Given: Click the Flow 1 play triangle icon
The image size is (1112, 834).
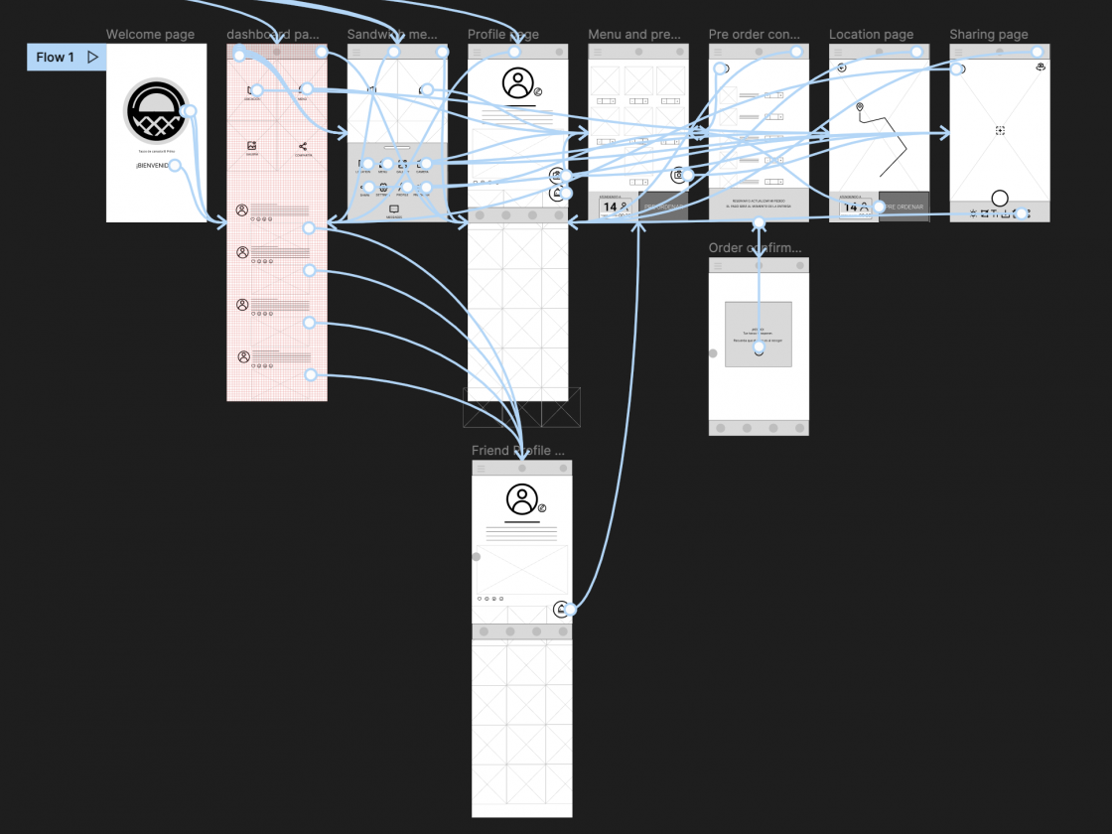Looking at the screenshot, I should [x=93, y=58].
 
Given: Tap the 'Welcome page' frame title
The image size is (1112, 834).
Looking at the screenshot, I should [x=150, y=35].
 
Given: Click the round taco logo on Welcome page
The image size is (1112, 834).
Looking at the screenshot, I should [x=156, y=109].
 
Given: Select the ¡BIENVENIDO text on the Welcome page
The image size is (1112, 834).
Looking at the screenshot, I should [x=154, y=165].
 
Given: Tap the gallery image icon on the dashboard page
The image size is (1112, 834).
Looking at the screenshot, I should [x=252, y=146].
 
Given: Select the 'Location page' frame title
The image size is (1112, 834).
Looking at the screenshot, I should [x=871, y=35].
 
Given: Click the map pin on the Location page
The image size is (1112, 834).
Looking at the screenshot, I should [x=860, y=107].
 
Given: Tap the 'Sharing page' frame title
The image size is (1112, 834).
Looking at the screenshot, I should [x=988, y=35].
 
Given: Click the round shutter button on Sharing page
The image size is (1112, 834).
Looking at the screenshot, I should [x=1000, y=198].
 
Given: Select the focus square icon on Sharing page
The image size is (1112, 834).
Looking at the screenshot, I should [x=1000, y=131].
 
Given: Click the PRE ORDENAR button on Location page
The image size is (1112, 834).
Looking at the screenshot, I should [x=903, y=207].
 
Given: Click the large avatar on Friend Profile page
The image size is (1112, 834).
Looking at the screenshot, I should [x=521, y=498].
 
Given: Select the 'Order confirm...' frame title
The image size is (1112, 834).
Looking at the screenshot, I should [x=754, y=248].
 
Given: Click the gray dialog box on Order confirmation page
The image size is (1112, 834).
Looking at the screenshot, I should [x=759, y=334].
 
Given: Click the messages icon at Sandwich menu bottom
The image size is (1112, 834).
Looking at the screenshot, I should [x=394, y=208].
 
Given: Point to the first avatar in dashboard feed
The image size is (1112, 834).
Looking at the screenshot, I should [x=242, y=210].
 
